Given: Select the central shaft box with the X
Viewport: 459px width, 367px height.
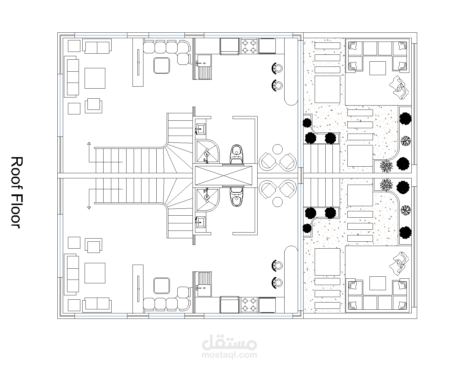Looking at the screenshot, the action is point(223,176).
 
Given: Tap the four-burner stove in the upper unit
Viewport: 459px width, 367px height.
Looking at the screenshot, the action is point(249,46).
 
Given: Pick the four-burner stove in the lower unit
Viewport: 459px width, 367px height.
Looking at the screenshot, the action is point(249,305).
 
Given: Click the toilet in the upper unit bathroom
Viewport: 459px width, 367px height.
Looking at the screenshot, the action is point(237,154).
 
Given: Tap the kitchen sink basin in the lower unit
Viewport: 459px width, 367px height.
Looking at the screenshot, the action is point(203,290).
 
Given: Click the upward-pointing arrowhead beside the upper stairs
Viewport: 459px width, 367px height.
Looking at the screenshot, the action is point(89,143).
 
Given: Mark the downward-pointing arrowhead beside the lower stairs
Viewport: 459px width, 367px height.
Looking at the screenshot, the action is point(89,208).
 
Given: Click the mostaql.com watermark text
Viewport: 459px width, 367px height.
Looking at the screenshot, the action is point(229,355).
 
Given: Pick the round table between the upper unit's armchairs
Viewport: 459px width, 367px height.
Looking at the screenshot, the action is point(277,149).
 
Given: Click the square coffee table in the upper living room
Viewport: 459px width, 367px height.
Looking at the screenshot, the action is point(95,78).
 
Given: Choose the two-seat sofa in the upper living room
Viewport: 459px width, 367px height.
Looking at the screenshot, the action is point(97,46).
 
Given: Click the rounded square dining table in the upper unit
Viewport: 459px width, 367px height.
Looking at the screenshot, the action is point(162,65).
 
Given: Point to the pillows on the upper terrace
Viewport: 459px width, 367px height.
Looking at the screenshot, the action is point(399,87).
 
